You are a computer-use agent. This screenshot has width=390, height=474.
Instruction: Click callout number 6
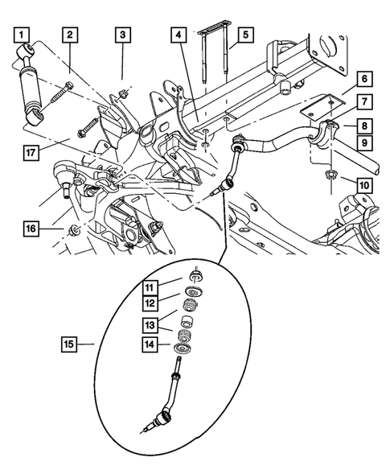tap(364, 79)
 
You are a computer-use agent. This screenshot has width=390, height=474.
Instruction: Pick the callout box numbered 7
tap(364, 102)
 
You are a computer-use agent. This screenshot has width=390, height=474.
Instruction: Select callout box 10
tap(364, 186)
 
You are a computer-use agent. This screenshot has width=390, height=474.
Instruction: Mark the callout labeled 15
tap(72, 345)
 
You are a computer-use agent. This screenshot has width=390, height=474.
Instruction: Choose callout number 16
tap(30, 229)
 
